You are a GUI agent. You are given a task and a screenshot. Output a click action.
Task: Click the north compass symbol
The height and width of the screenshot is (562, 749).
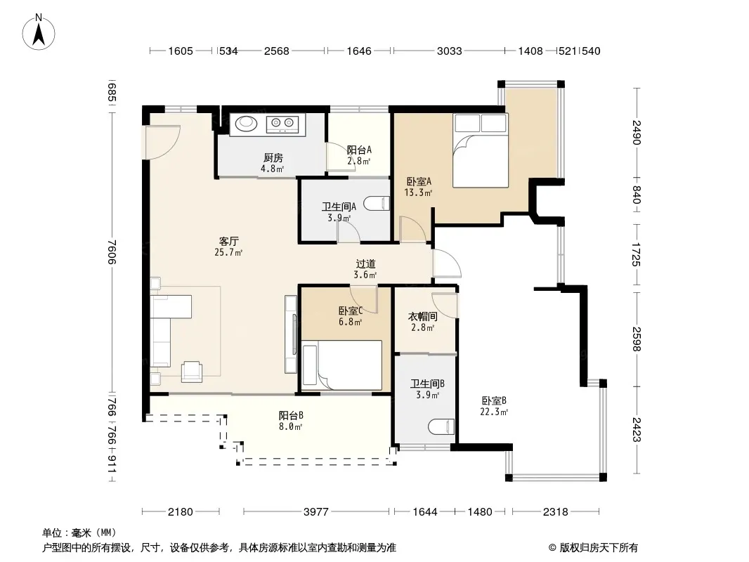click(x=39, y=32)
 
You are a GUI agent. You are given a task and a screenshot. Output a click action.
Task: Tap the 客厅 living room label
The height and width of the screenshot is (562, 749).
click(x=229, y=242)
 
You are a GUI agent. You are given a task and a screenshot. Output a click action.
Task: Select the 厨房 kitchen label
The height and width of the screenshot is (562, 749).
click(x=273, y=158)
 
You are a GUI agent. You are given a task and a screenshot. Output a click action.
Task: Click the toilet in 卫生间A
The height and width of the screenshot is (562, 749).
click(x=377, y=204)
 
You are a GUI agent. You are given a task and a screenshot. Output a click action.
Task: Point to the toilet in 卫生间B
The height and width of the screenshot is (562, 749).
click(x=441, y=426)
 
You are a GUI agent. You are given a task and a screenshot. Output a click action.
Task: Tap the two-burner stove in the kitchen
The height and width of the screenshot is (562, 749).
click(x=282, y=124)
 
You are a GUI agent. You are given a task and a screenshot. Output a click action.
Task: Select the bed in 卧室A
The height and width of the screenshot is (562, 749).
click(x=480, y=150)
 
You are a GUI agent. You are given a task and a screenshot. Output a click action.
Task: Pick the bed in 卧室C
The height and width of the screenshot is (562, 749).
click(x=341, y=363)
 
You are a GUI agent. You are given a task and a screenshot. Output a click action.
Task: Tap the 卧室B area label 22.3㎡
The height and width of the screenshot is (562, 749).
click(x=494, y=412)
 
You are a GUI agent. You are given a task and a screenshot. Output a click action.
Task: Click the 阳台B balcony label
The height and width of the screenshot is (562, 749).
click(x=291, y=415)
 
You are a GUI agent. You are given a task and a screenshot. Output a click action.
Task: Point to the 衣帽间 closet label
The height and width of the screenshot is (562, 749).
click(x=423, y=317)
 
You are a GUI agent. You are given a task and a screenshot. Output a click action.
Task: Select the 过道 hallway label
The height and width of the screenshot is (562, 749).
click(x=365, y=263)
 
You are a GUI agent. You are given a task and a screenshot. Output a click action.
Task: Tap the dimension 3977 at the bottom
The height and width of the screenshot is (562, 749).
click(x=315, y=512)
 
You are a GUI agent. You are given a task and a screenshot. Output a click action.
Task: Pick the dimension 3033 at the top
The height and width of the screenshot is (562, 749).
click(x=449, y=51)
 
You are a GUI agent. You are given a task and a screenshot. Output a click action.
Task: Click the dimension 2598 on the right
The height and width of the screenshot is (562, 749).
click(x=636, y=339)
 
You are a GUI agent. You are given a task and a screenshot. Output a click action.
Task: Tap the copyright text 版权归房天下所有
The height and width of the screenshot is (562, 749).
click(x=598, y=548)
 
